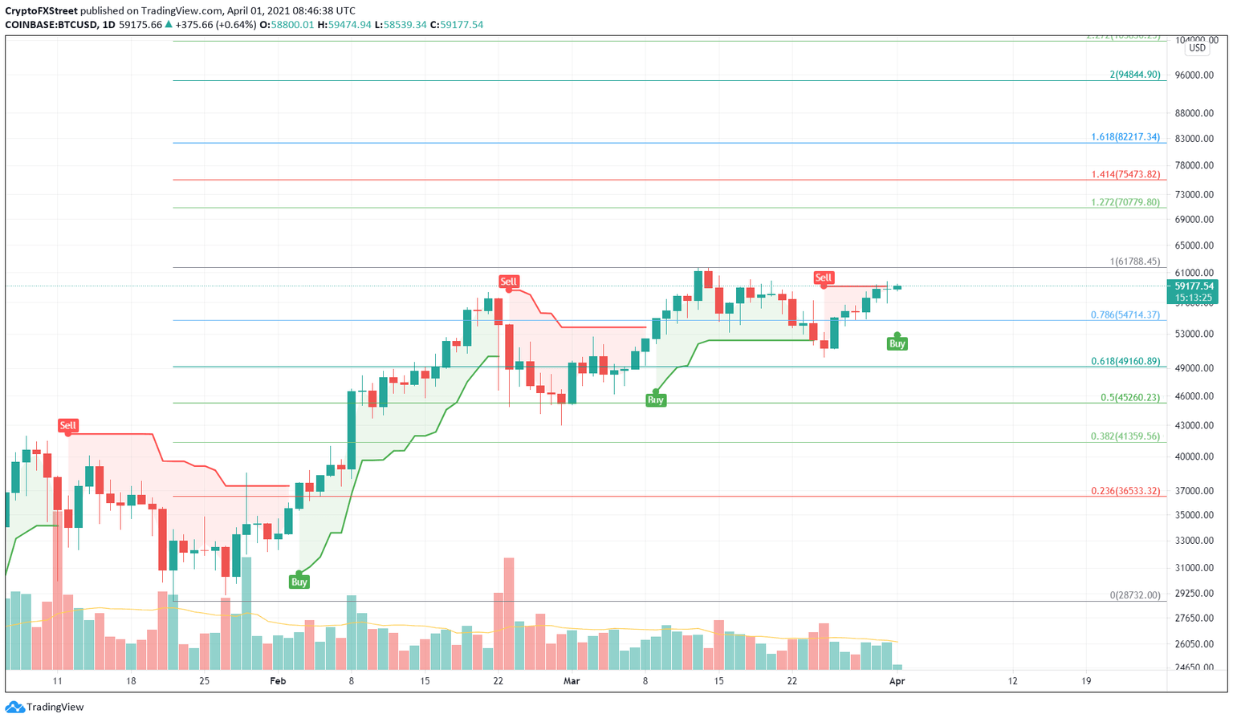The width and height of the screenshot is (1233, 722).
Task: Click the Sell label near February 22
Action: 508,282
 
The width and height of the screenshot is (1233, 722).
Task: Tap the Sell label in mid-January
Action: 67,426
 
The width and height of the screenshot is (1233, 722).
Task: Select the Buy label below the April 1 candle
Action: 897,343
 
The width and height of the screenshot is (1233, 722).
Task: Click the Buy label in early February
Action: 299,582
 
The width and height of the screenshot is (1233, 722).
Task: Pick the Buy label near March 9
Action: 656,400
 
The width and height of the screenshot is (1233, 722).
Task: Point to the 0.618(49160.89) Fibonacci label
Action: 1125,362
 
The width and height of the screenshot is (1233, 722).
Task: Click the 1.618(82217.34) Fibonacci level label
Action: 1125,137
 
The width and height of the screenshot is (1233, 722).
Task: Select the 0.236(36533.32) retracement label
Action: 1125,491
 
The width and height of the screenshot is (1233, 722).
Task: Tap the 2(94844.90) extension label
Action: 1134,75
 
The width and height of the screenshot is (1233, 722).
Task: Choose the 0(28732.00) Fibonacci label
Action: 1134,595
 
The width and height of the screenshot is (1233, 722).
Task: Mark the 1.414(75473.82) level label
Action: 1125,175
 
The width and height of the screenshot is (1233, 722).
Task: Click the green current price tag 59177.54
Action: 1194,286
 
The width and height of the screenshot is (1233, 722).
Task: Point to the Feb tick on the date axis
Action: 278,681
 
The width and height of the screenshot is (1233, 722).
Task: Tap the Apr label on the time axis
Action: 897,681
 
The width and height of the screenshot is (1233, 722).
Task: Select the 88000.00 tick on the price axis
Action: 1194,113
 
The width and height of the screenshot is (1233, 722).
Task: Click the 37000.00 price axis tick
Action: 1194,491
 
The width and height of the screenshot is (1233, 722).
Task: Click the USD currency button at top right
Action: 1197,48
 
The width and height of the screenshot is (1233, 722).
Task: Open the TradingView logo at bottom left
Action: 45,707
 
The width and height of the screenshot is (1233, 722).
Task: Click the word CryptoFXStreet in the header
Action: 41,11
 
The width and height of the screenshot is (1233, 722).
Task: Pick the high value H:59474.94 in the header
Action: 344,25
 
